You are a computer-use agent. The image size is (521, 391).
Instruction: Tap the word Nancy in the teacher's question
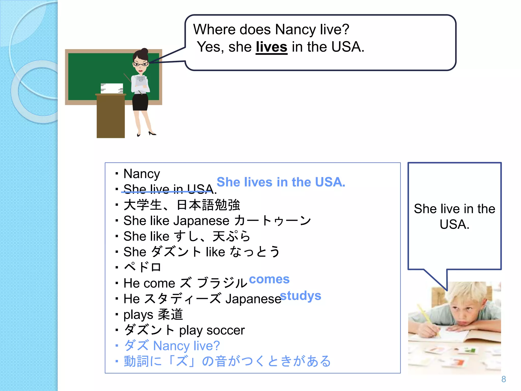click(x=295, y=30)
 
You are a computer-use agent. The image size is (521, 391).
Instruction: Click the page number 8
click(x=503, y=379)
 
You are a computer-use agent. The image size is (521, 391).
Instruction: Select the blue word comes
click(x=269, y=279)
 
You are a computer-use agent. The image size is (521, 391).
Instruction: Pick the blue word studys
click(x=300, y=296)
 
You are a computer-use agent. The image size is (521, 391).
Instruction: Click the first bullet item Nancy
click(x=142, y=174)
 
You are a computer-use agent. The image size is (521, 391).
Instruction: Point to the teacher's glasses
click(x=140, y=64)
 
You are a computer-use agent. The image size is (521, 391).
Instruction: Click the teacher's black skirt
click(x=140, y=102)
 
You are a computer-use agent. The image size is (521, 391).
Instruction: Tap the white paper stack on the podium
click(x=112, y=88)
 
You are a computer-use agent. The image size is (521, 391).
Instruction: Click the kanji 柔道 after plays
click(x=170, y=314)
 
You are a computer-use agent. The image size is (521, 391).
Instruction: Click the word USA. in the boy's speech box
click(x=454, y=224)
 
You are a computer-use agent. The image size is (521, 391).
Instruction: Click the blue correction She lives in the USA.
click(x=281, y=182)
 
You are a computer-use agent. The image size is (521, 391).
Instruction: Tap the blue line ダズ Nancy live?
click(x=172, y=346)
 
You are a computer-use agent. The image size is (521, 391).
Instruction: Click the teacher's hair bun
click(x=144, y=51)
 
